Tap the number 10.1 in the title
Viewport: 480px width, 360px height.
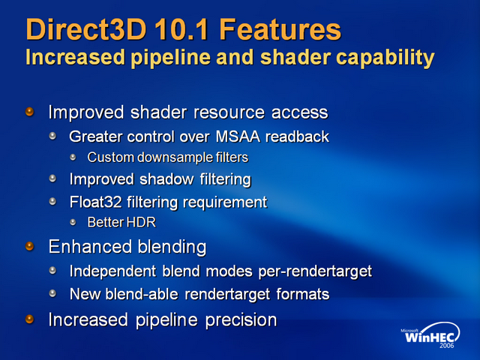click(181, 29)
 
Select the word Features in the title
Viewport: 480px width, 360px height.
click(280, 29)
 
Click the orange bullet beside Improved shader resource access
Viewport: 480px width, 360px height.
click(29, 112)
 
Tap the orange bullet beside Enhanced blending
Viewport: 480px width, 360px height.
click(29, 246)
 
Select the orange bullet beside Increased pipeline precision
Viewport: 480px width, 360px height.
click(29, 319)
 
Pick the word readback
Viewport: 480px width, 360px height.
click(297, 136)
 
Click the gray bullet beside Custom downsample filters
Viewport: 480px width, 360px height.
click(73, 157)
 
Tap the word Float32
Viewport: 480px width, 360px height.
click(95, 202)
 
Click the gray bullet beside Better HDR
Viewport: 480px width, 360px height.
click(73, 222)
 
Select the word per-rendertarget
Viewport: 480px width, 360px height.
click(315, 271)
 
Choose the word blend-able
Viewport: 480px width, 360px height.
click(142, 294)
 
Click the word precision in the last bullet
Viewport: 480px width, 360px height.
click(241, 320)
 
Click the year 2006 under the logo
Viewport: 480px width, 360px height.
click(447, 346)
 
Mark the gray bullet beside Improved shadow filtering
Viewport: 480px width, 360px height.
click(52, 178)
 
